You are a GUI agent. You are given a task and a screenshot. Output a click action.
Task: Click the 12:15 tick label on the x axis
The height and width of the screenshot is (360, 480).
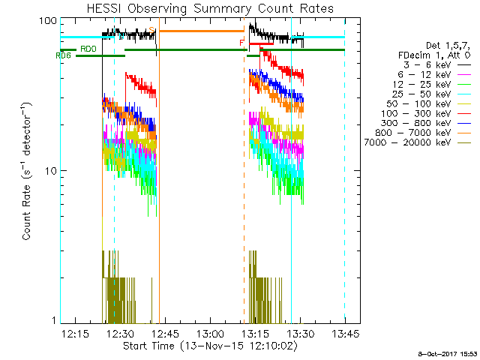point(75,334)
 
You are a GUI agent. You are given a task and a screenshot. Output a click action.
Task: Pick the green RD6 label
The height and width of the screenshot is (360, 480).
point(64,55)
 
